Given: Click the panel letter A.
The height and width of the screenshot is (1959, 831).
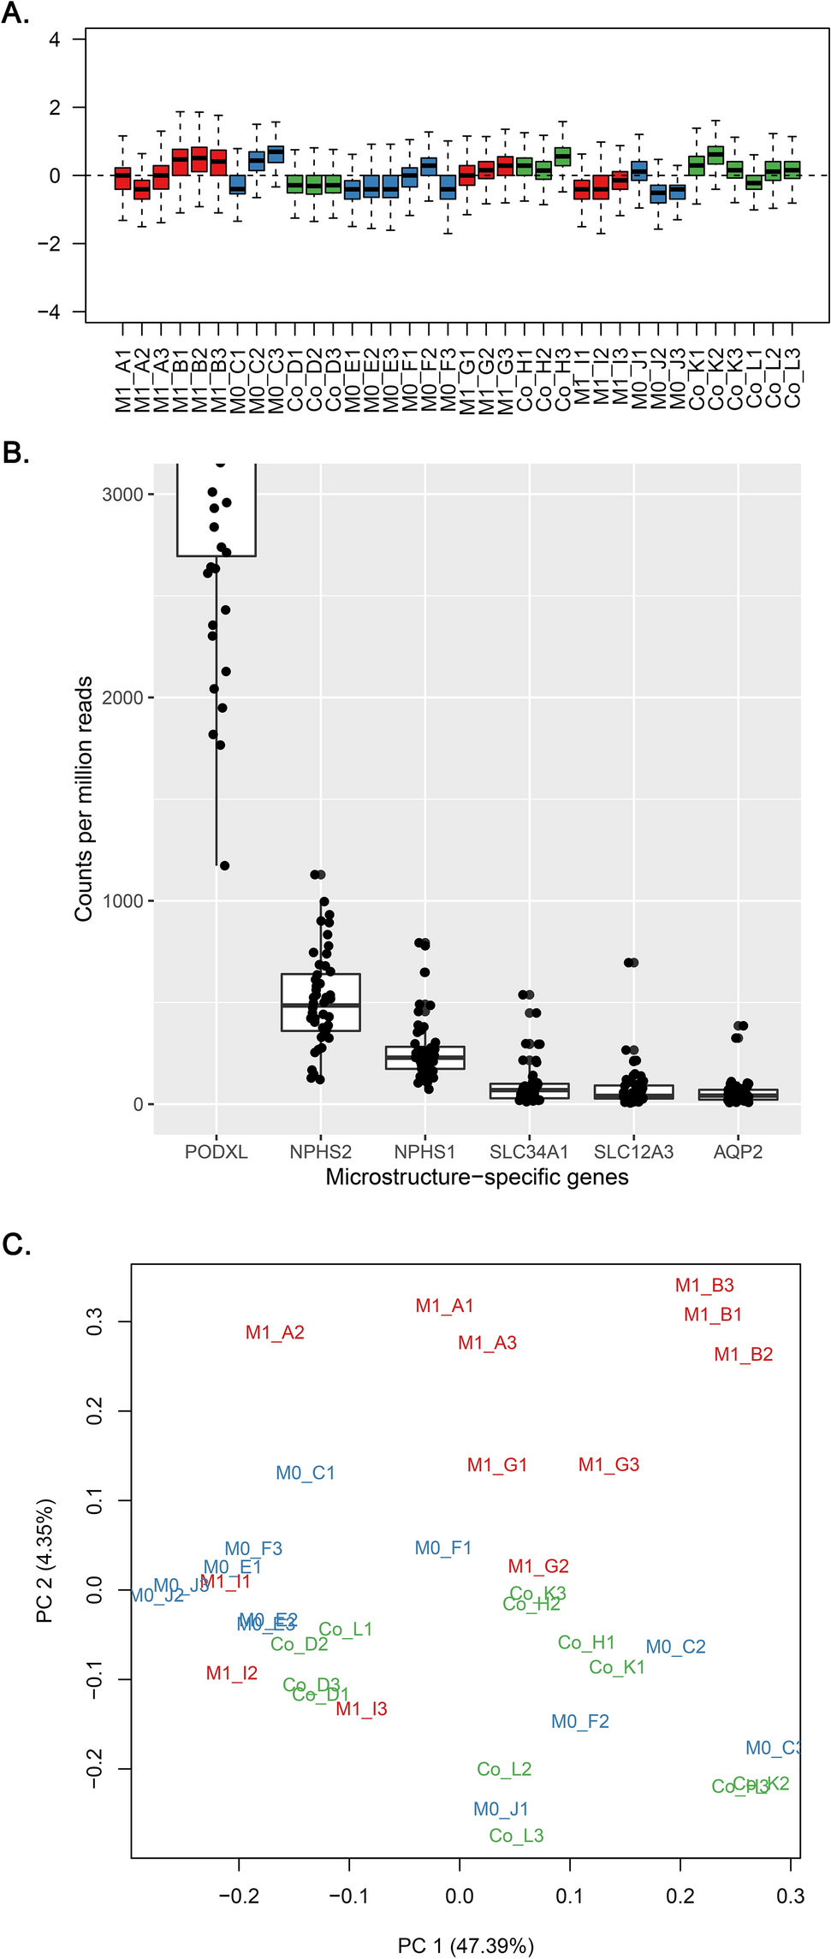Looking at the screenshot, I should coord(15,14).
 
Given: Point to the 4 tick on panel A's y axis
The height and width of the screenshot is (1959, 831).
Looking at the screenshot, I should coord(55,39).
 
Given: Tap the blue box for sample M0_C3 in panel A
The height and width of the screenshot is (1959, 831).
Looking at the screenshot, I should coord(276,154).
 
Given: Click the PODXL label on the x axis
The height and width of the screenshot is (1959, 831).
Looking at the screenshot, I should coord(217,1152).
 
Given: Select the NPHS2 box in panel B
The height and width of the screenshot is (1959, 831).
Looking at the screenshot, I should coord(321,1001).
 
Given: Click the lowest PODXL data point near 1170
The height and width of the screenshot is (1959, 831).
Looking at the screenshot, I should coord(224,865).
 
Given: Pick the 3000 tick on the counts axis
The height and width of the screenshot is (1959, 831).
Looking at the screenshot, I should coord(122,495).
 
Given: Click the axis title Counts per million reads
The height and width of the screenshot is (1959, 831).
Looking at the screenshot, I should coord(83,798).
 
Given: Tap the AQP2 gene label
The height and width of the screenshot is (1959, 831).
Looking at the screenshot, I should coord(738,1152).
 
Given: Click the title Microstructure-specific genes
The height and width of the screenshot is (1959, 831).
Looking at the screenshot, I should coord(477,1178).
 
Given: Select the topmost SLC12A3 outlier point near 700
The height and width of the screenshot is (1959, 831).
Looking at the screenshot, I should coord(632,962).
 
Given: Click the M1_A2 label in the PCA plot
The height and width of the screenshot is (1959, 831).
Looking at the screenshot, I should coord(275,1333).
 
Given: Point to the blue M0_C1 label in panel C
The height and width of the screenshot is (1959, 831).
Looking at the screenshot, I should coord(305,1473).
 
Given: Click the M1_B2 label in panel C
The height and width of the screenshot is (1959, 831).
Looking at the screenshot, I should coord(743,1354).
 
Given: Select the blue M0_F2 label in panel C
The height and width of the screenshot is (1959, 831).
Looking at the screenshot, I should coord(579,1721).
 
